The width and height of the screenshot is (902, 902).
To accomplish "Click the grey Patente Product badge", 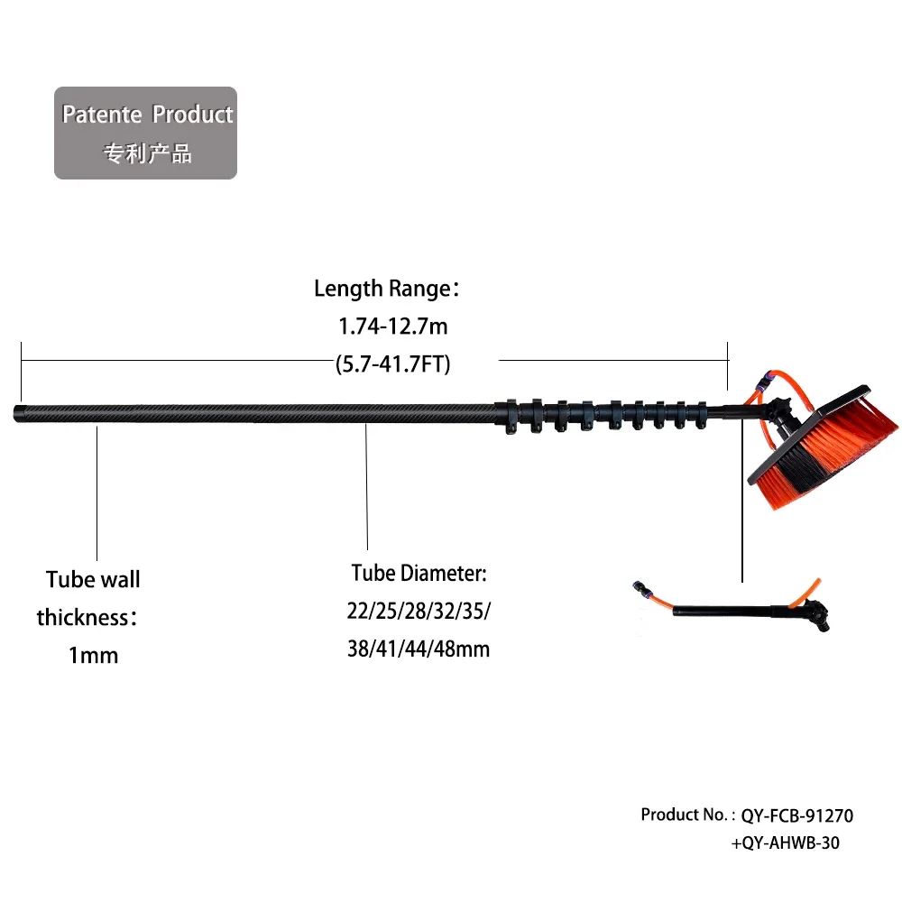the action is pos(145,133).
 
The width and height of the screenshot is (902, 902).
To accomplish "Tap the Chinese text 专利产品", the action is pos(147,153).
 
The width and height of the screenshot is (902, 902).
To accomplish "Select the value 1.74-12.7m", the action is pos(393,327).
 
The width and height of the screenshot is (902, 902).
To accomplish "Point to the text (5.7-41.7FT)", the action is pos(393,364).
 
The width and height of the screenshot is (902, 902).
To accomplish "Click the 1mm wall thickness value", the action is pos(93,655).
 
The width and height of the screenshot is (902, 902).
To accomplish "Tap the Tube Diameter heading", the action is pos(419,573).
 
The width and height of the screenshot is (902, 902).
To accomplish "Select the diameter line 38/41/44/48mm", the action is pos(419,649).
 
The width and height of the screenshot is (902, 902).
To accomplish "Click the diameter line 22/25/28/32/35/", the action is pos(419,611).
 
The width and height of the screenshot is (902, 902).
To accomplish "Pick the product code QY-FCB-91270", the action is pos(796,815).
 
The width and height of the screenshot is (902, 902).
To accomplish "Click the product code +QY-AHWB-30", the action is pos(786,842).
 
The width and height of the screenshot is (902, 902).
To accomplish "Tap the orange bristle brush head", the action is pos(824,447).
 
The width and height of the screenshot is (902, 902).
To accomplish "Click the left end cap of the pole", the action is pos(20,414).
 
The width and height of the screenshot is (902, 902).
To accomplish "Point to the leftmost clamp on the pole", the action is pos(511,415).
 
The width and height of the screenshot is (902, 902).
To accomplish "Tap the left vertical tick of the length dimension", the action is pos(22,372).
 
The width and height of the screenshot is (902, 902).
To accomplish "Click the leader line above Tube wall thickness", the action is pos(97,493).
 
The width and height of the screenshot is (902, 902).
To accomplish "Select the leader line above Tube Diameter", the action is pos(366,487).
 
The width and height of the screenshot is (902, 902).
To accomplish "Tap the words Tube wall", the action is pos(93,579).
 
